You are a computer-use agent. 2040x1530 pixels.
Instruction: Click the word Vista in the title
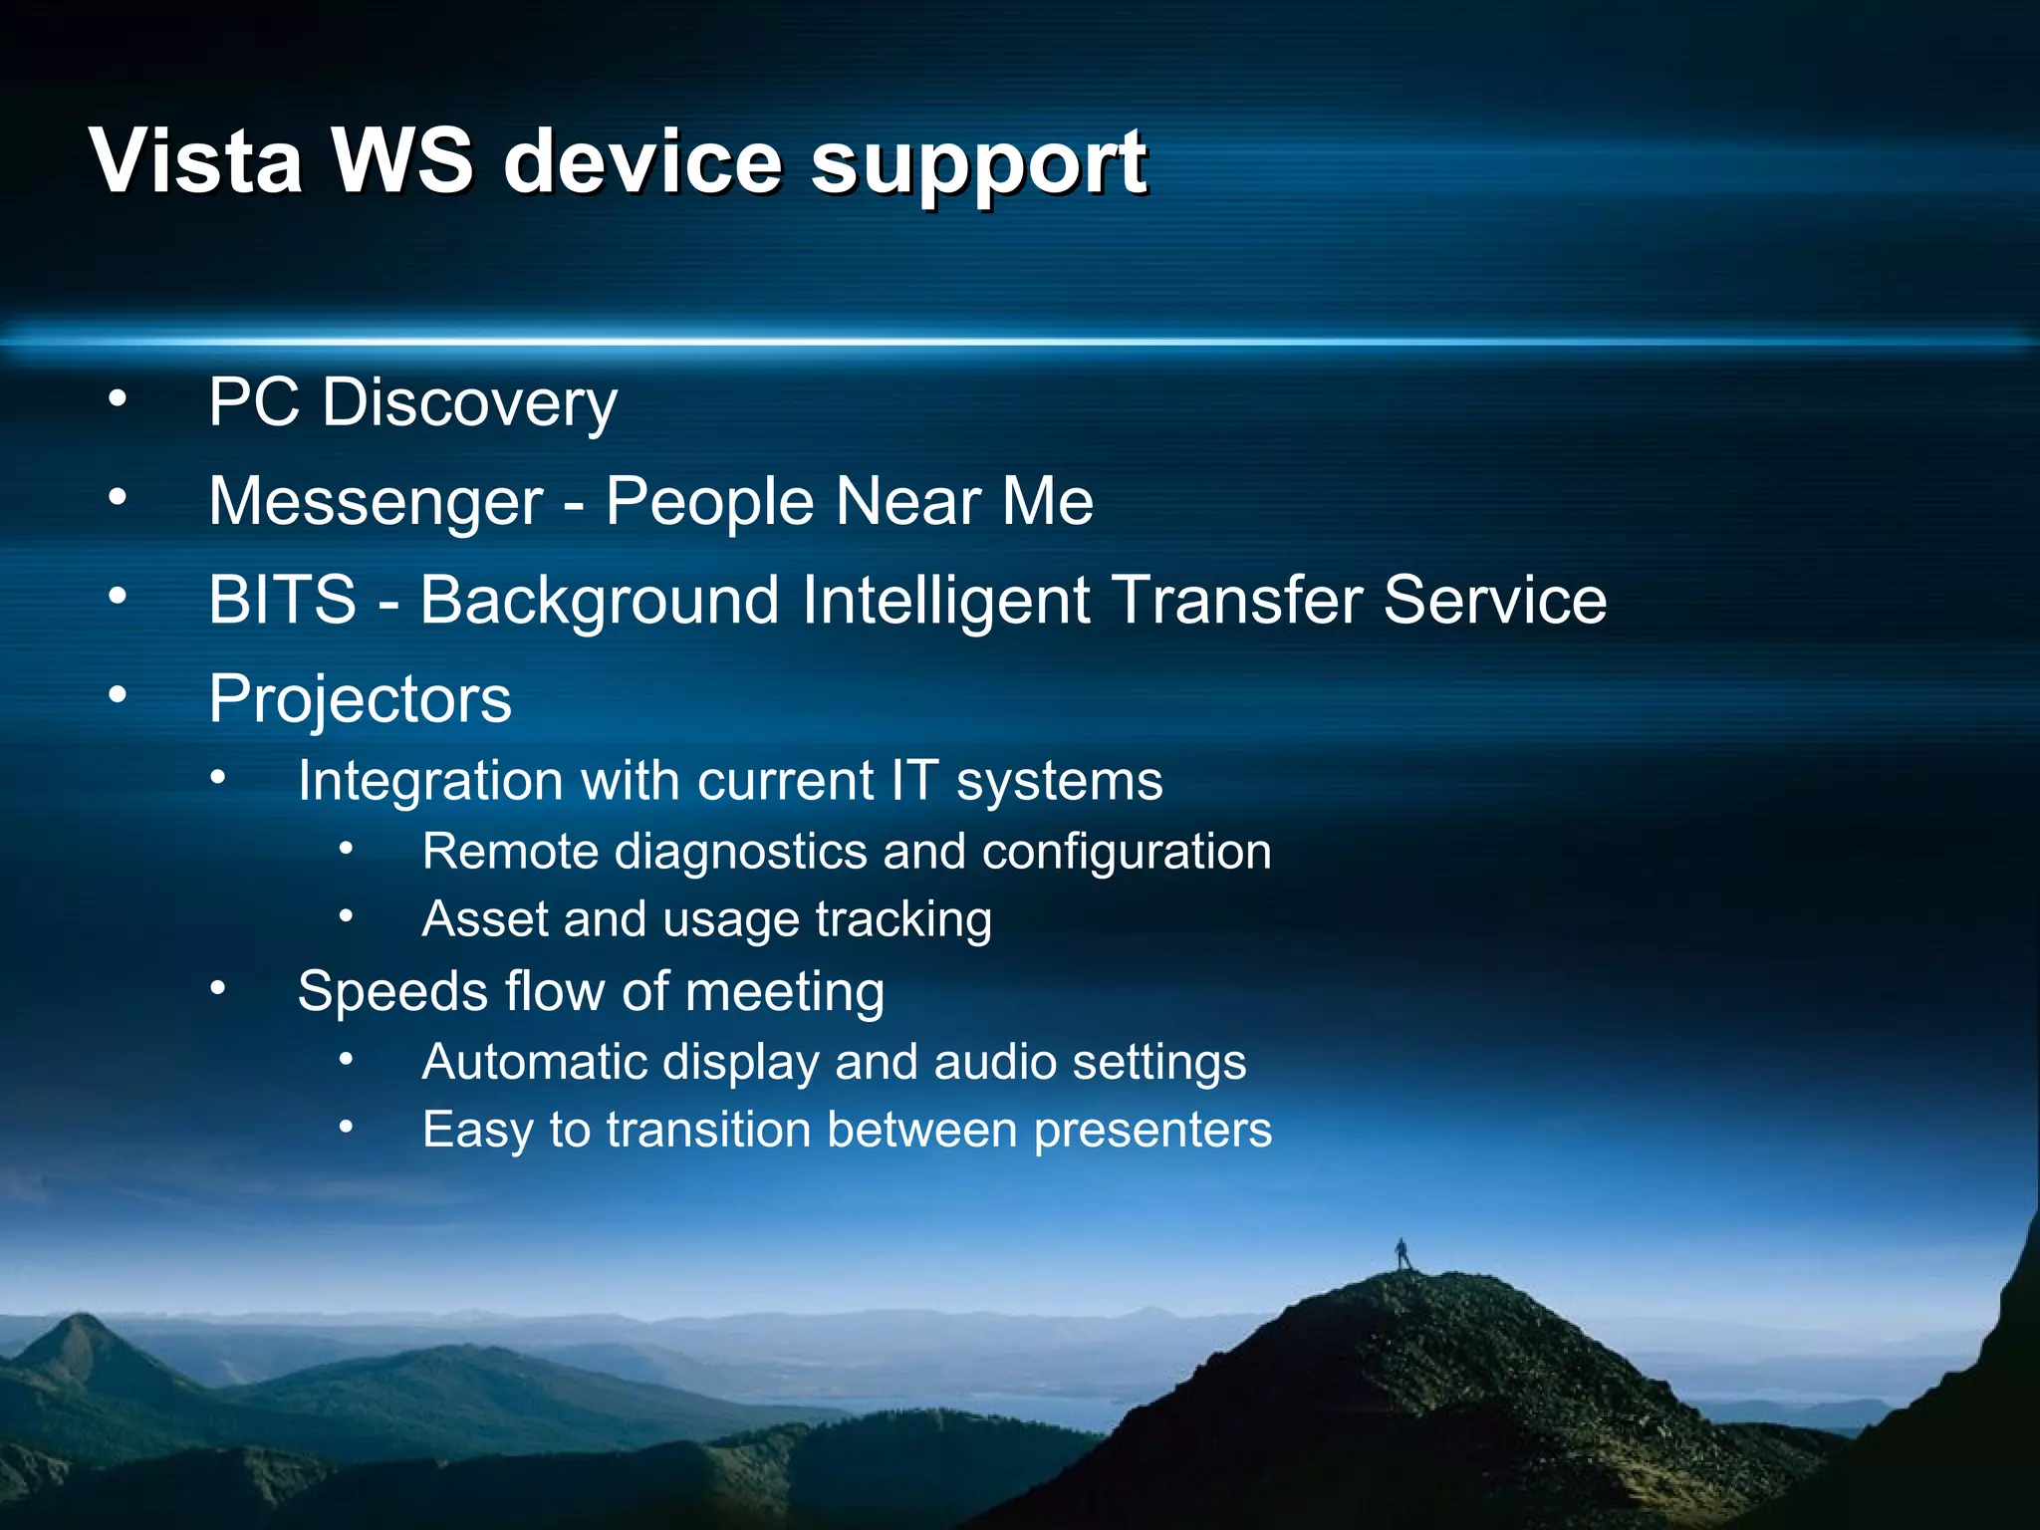(x=195, y=161)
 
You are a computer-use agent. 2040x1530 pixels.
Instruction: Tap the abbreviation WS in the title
(x=402, y=161)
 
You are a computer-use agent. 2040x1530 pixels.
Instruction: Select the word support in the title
(x=978, y=164)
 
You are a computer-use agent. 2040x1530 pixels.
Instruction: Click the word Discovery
(x=469, y=403)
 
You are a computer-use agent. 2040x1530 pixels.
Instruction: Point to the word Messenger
(x=376, y=501)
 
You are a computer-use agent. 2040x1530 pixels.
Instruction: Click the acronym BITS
(x=282, y=600)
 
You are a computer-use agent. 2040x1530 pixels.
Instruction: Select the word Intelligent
(x=945, y=601)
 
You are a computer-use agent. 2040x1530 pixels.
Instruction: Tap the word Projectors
(x=360, y=699)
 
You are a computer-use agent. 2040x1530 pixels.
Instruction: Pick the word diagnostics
(x=741, y=853)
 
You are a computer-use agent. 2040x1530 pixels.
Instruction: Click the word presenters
(x=1152, y=1131)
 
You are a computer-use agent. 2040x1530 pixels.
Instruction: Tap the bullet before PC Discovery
(x=118, y=398)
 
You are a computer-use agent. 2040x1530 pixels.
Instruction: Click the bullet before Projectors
(x=118, y=694)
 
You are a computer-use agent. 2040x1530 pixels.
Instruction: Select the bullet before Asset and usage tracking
(x=346, y=915)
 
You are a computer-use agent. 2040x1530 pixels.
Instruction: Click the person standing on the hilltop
(x=1402, y=1254)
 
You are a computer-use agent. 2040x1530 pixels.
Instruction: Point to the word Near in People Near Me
(x=908, y=501)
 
